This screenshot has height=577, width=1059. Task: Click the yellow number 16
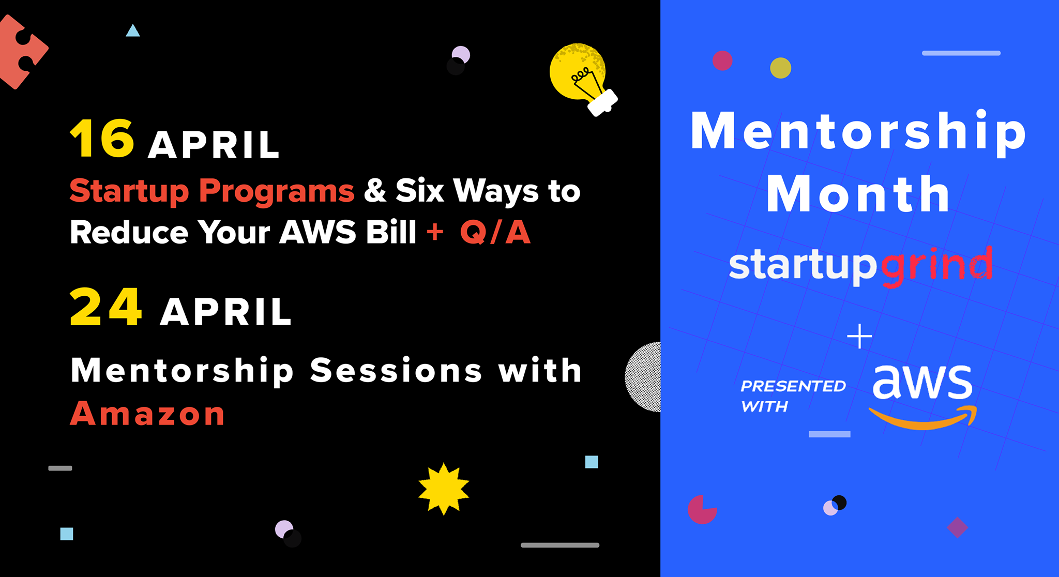point(102,138)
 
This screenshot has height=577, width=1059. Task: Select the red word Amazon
point(147,414)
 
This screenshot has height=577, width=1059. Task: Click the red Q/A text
point(495,232)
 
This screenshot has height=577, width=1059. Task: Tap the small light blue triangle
point(133,31)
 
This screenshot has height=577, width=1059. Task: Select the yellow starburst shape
point(444,489)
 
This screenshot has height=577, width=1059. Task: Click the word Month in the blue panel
point(858,194)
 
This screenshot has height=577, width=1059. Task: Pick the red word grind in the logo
point(936,266)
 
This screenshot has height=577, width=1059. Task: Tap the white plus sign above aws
point(859,336)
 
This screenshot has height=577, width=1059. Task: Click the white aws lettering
point(922,382)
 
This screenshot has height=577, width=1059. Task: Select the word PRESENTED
point(793,386)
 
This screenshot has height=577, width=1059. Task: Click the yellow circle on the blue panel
point(780,68)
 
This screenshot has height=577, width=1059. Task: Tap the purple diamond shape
point(957,527)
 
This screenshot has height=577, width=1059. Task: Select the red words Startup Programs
point(212,191)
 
